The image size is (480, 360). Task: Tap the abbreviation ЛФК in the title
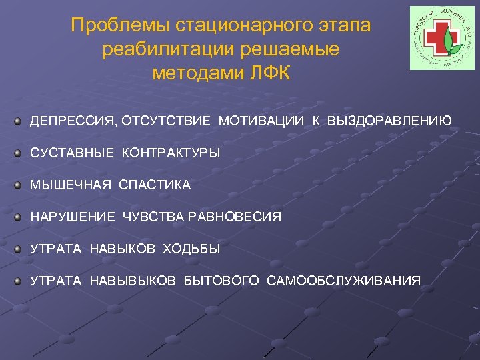(268, 73)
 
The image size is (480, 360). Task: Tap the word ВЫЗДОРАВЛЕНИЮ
(389, 121)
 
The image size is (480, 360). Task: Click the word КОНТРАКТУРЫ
(171, 153)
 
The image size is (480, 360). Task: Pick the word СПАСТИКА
(155, 185)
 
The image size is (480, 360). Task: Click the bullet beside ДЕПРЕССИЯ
(20, 121)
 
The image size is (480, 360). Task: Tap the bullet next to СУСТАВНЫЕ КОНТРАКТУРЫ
(20, 153)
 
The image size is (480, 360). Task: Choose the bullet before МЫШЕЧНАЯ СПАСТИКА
(20, 185)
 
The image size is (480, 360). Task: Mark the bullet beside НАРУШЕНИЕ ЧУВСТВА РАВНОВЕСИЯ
(20, 217)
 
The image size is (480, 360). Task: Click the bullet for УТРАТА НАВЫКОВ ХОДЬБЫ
(20, 249)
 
